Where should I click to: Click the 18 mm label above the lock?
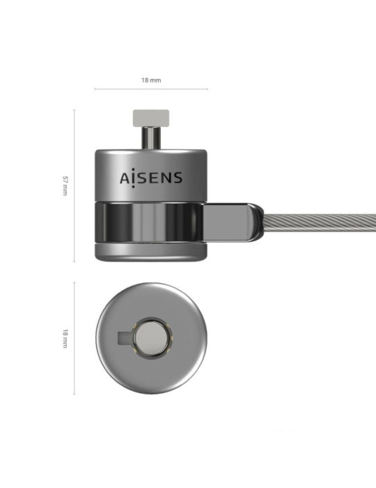[151, 80]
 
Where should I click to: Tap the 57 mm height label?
[65, 185]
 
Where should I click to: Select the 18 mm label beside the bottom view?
[65, 339]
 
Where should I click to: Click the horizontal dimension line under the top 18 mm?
[151, 89]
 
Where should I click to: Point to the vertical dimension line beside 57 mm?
[75, 185]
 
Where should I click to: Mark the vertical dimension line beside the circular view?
[75, 339]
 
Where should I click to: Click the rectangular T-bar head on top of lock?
[151, 114]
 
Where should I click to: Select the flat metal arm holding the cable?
[233, 220]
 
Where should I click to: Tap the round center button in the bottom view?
[151, 340]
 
